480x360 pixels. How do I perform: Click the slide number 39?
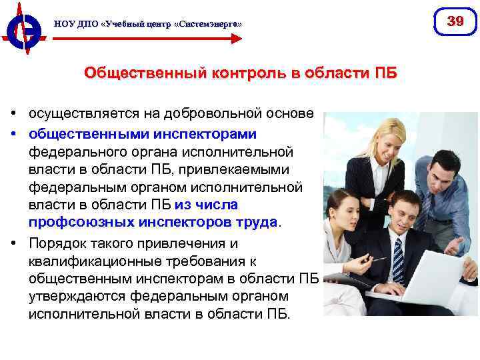(455, 21)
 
